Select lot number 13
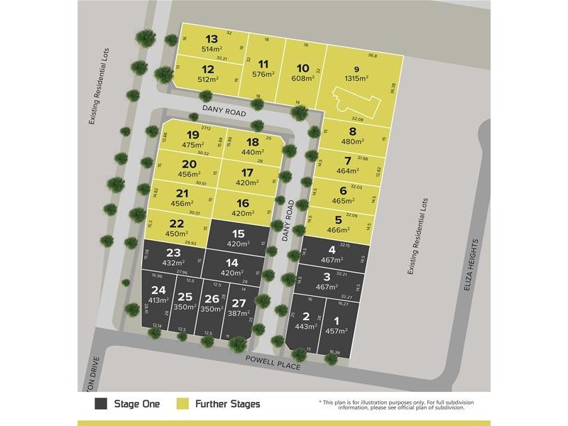point(212,39)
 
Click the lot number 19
point(192,135)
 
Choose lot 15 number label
point(239,234)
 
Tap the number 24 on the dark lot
point(158,289)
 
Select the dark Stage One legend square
point(101,404)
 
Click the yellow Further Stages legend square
point(181,404)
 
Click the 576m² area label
point(263,73)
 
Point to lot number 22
point(177,224)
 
